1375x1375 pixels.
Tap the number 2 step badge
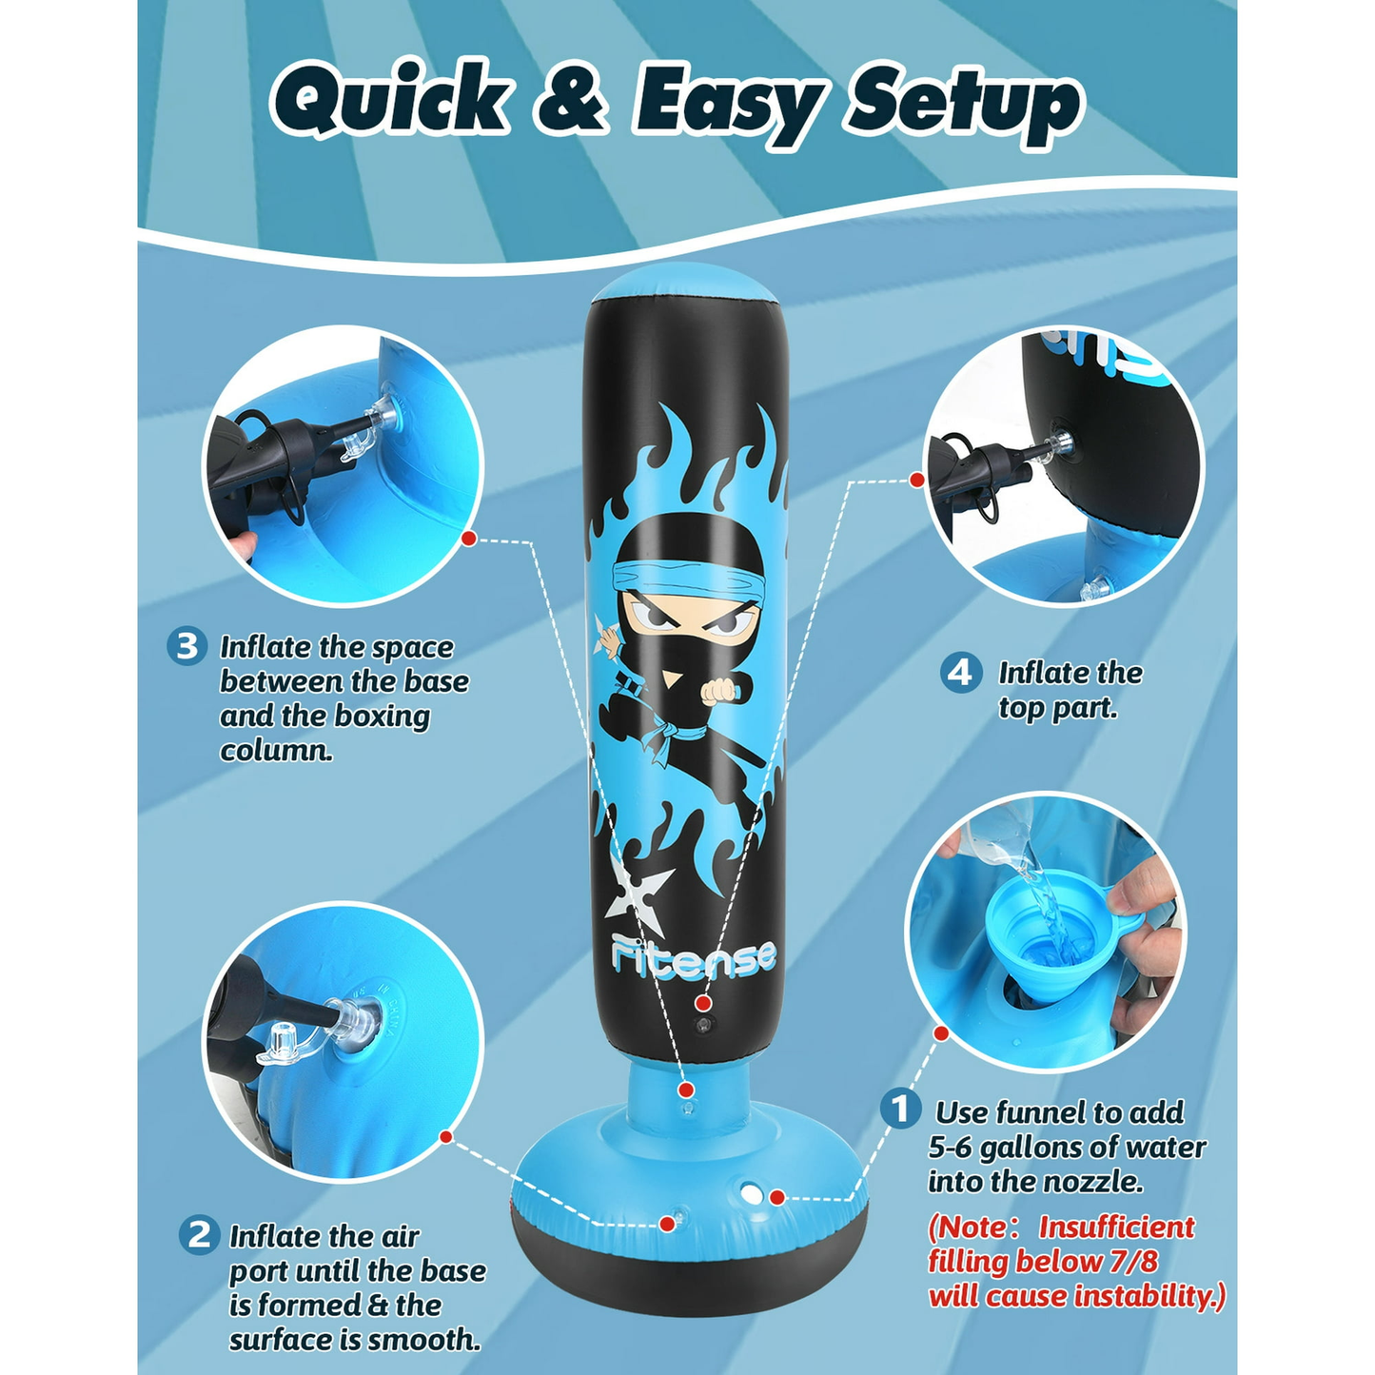click(x=199, y=1234)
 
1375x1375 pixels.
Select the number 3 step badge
click(x=187, y=646)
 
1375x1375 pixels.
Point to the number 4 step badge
click(x=960, y=672)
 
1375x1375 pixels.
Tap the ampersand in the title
click(x=572, y=99)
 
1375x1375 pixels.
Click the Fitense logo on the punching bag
click(x=695, y=957)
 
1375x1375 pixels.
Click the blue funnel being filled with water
click(x=1049, y=942)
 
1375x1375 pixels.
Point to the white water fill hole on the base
click(x=751, y=1194)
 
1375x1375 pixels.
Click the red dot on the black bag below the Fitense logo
click(x=703, y=1004)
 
